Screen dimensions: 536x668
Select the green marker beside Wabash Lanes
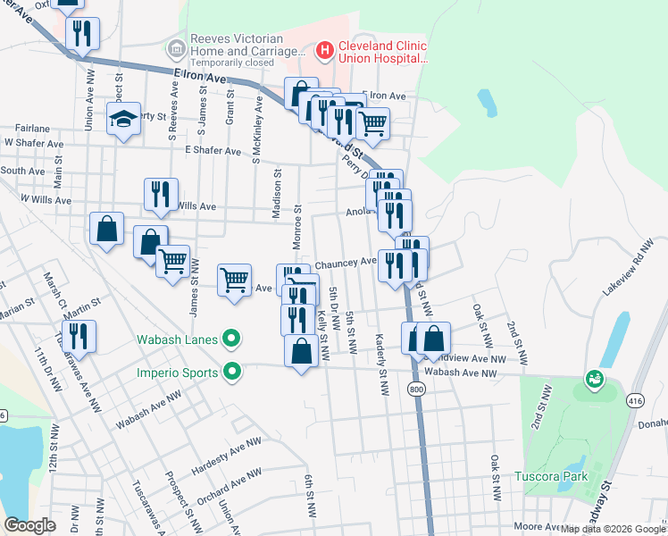232,339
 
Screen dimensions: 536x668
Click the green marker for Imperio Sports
232,371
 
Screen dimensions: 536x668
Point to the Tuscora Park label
551,476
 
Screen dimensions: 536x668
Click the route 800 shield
417,389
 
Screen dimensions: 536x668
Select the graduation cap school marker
123,119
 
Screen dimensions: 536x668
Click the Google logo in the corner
29,525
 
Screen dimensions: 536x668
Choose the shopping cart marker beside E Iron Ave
372,123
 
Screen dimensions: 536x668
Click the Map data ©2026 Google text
612,529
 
